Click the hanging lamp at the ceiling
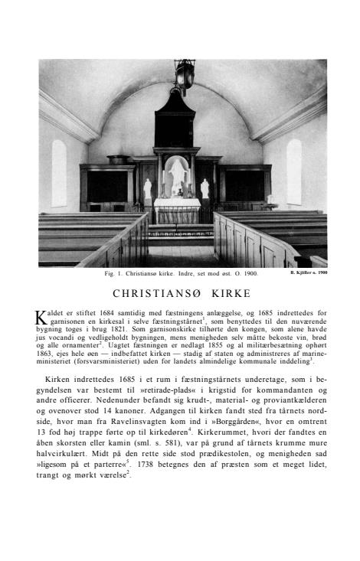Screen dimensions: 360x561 coord(184,77)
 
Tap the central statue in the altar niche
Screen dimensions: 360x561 coord(178,175)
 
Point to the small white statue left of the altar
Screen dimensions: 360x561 coord(148,188)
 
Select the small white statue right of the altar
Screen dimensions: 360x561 coord(205,188)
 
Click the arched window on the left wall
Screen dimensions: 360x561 coord(59,173)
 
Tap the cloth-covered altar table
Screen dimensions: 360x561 coord(178,209)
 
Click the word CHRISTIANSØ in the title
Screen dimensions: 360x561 coord(157,293)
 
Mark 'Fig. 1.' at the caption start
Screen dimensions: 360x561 coord(114,273)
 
